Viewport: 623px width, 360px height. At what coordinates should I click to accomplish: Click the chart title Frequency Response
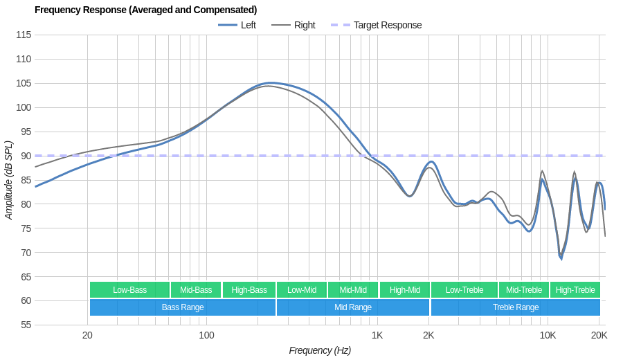pos(145,10)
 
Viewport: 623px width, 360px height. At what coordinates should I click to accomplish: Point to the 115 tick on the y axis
pos(24,35)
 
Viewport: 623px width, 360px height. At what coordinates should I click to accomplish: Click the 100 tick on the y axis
pos(24,107)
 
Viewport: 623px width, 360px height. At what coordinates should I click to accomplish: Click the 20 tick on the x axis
pos(87,335)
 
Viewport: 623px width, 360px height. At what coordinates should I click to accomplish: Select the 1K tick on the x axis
pos(377,335)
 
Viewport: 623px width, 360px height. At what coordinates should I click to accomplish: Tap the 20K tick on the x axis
pos(599,335)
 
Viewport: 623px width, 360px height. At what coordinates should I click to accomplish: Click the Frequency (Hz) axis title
pos(320,350)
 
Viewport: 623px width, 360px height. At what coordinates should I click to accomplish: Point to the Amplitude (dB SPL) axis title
pos(9,180)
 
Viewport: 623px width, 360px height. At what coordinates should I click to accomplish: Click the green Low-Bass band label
pos(129,290)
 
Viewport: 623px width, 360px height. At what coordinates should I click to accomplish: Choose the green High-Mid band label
pos(404,290)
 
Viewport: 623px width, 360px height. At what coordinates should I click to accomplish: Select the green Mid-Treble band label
pos(524,290)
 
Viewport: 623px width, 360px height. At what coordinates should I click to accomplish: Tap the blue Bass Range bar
pos(183,307)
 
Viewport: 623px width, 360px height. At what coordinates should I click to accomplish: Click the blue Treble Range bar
pos(515,307)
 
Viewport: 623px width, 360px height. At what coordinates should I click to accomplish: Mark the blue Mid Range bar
pos(353,307)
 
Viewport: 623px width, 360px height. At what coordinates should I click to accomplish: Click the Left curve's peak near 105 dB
pos(270,83)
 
